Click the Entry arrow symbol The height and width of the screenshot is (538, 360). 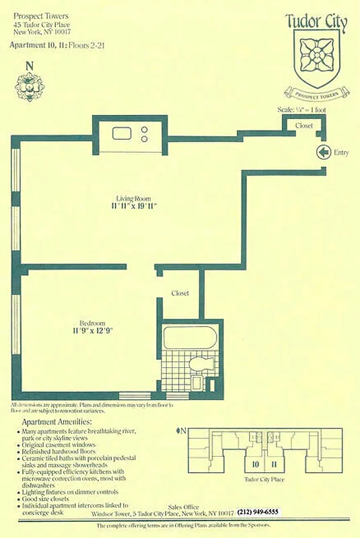(323, 153)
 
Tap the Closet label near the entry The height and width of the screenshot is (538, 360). (303, 126)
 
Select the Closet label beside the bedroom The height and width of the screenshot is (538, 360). (180, 293)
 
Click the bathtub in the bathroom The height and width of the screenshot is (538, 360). (189, 336)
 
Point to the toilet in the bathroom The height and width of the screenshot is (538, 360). (200, 366)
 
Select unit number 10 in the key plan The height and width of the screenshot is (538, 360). (256, 464)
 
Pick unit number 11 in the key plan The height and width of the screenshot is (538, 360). (274, 464)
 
